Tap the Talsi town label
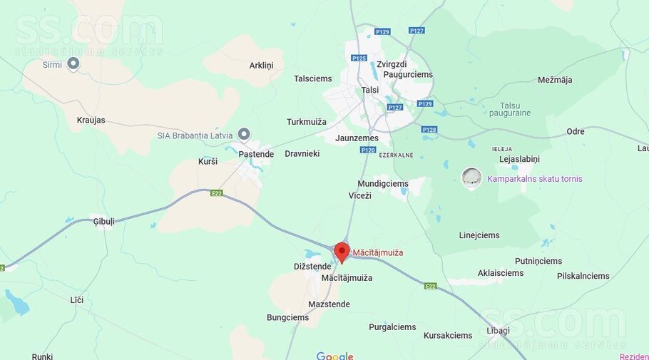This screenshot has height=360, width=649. pos(369,90)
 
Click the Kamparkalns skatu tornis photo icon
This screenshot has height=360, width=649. pos(471,178)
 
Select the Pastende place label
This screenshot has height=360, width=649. pos(256,154)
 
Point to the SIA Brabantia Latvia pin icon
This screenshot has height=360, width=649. pos(244,134)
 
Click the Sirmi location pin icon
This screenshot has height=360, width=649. pos(73,63)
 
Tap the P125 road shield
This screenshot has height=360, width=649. pos(359,58)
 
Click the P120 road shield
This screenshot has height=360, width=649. pos(368,150)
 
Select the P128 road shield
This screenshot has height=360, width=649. pos(429,130)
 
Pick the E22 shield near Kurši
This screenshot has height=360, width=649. pos(217,192)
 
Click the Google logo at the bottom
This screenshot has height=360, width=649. pos(334,356)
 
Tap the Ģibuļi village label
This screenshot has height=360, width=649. pos(103,222)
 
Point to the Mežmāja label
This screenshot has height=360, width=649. pos(555,80)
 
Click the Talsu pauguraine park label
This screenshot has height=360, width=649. pos(510,109)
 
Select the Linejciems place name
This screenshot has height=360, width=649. pos(479,235)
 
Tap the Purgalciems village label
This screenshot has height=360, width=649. pos(392,327)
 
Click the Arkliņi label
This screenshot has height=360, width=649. pos(261,66)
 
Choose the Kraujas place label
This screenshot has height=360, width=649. pos(91,120)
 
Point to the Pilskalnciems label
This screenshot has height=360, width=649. pos(583,276)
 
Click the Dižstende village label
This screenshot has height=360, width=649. pos(312,267)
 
